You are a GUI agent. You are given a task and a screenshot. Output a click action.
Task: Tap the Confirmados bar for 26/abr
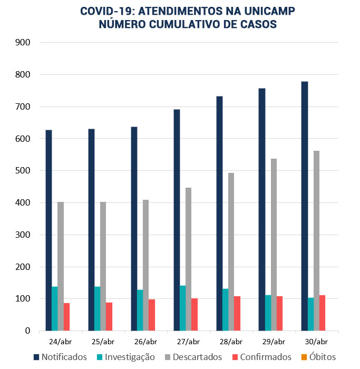pyautogui.click(x=152, y=315)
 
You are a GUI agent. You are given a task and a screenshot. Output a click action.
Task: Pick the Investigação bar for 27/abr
pyautogui.click(x=183, y=308)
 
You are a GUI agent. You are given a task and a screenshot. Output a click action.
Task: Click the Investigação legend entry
pyautogui.click(x=124, y=357)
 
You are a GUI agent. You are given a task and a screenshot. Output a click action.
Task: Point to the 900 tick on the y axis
pyautogui.click(x=24, y=43)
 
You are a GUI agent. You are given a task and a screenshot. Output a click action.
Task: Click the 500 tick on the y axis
pyautogui.click(x=24, y=171)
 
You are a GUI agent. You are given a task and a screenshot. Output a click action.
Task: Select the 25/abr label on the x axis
pyautogui.click(x=103, y=341)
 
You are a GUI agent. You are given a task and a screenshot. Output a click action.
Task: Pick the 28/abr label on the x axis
pyautogui.click(x=231, y=341)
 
